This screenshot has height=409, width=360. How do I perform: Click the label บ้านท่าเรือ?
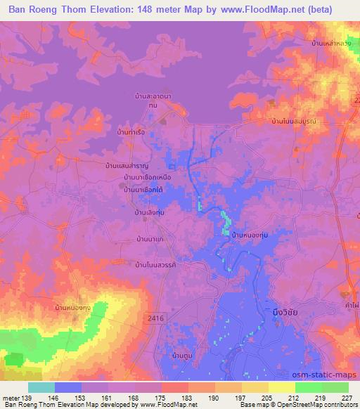(132, 131)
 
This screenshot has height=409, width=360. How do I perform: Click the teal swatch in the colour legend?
(41, 387)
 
